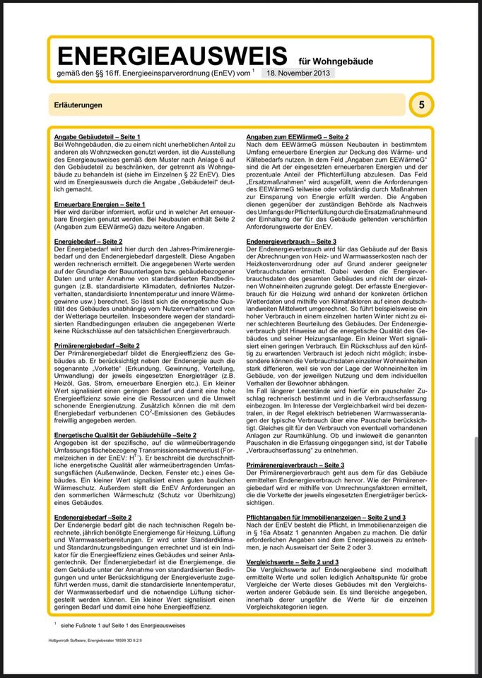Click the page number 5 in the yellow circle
tap(422, 105)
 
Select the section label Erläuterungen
tap(78, 105)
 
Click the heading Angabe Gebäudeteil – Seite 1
tap(98, 135)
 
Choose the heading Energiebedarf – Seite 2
tap(88, 242)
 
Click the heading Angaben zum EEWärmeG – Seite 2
tap(297, 135)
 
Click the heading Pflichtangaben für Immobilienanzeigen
tap(326, 518)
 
